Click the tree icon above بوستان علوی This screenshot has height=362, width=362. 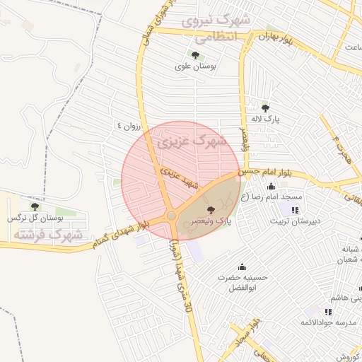pos(194,55)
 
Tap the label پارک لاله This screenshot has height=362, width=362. pos(268,119)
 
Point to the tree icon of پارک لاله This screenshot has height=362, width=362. pos(265,108)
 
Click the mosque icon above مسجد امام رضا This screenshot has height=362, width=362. pos(272,185)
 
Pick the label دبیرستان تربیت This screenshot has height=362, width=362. pos(296,221)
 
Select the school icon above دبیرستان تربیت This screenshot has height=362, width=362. pos(295,210)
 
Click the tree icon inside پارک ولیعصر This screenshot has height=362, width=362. pos(210,209)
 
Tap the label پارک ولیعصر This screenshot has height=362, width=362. pos(211,221)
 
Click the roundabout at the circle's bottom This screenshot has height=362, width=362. pos(171,216)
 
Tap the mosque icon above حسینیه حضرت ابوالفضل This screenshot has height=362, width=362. pos(243,267)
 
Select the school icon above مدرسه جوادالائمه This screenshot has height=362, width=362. pos(328,312)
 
